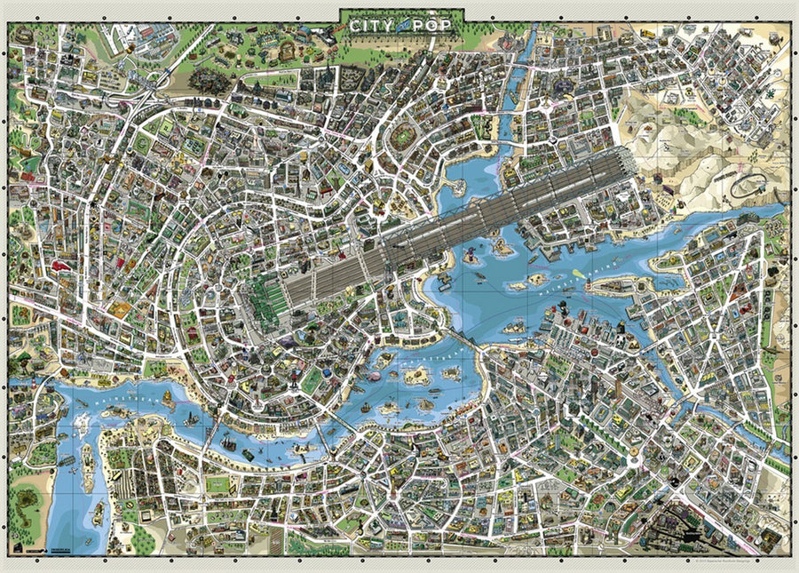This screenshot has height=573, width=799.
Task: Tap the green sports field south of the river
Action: (218, 483)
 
